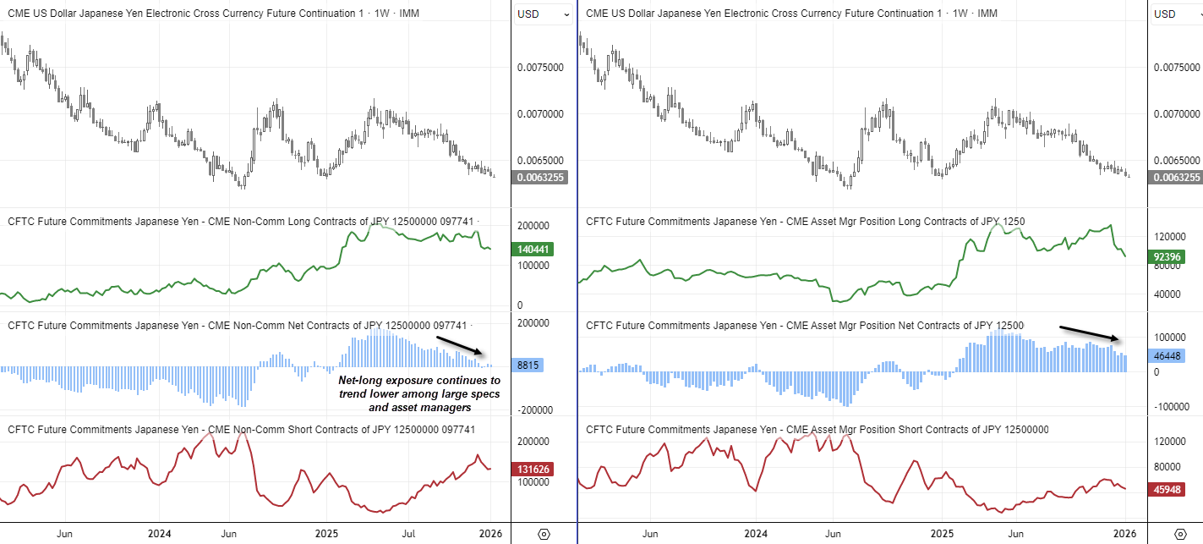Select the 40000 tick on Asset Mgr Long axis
pos(1168,294)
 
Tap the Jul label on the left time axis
pos(408,535)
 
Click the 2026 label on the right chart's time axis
pos(1124,535)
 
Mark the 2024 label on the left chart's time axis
pos(160,535)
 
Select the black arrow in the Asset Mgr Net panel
pos(1090,333)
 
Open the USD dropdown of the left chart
pos(540,14)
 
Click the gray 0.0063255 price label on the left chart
pos(541,178)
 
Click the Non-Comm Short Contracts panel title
pos(241,430)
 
